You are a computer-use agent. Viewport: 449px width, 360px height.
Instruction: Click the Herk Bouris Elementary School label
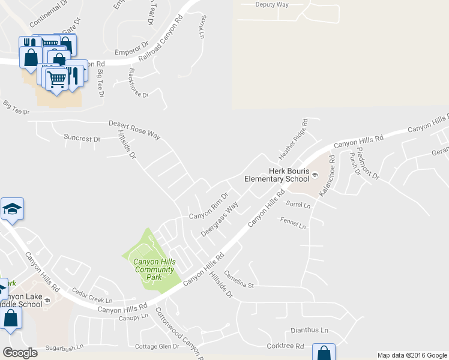coord(277,174)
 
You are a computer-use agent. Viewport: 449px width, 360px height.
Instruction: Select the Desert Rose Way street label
coord(134,130)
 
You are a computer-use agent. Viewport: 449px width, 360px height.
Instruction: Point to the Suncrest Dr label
coord(82,138)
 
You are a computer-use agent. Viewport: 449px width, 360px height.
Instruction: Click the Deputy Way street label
coord(272,5)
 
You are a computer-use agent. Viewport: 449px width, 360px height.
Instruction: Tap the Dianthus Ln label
coord(309,330)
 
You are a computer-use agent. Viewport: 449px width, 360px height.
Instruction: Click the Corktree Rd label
coord(286,346)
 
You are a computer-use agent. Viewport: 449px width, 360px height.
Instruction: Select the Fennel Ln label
coord(293,223)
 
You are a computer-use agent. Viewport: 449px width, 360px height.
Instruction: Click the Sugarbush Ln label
coord(65,347)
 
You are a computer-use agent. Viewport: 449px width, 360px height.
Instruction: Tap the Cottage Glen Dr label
coord(157,346)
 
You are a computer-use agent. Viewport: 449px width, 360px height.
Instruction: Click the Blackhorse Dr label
coord(139,83)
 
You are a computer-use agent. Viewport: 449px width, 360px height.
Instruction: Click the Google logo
coord(20,352)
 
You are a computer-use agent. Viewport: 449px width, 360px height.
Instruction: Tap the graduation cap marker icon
coord(12,209)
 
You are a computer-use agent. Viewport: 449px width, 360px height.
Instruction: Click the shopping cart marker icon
coord(56,79)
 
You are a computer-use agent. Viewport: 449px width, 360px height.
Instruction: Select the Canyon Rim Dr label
coord(209,206)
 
